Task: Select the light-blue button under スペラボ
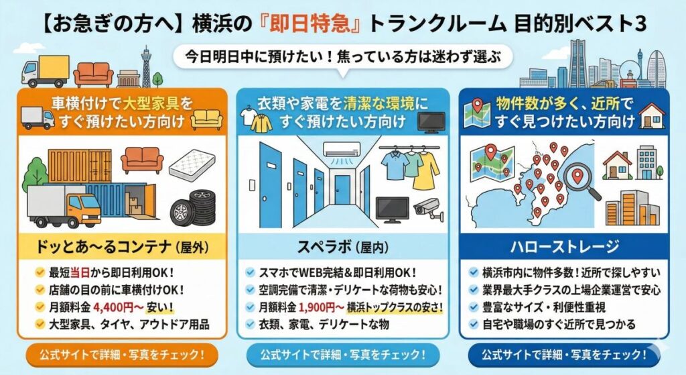coord(342,354)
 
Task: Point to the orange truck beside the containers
coord(64,205)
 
